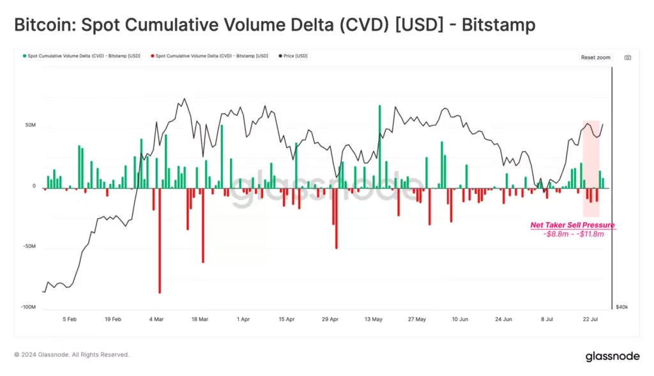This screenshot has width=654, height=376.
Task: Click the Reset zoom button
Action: coord(595,57)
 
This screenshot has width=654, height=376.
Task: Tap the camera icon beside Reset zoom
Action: coord(627,57)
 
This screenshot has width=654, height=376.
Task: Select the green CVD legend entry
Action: coord(81,56)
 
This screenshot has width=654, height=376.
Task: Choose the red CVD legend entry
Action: coord(211,56)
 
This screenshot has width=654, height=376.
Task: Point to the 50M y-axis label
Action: coord(30,125)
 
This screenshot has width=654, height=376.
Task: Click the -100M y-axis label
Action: coord(29,307)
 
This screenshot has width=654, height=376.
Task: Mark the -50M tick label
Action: coord(29,246)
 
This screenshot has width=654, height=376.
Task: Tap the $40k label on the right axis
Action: coord(621,307)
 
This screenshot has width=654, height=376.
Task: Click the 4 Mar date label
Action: coord(156,319)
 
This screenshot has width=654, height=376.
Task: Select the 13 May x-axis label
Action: coord(373,319)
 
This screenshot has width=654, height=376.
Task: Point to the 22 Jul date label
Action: coord(591,319)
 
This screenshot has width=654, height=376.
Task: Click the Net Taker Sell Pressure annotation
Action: coord(572,225)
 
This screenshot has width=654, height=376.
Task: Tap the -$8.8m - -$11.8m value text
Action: coord(572,234)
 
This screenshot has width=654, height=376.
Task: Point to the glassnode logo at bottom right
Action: coord(612,356)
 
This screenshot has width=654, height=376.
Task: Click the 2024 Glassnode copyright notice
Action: coord(72,355)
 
